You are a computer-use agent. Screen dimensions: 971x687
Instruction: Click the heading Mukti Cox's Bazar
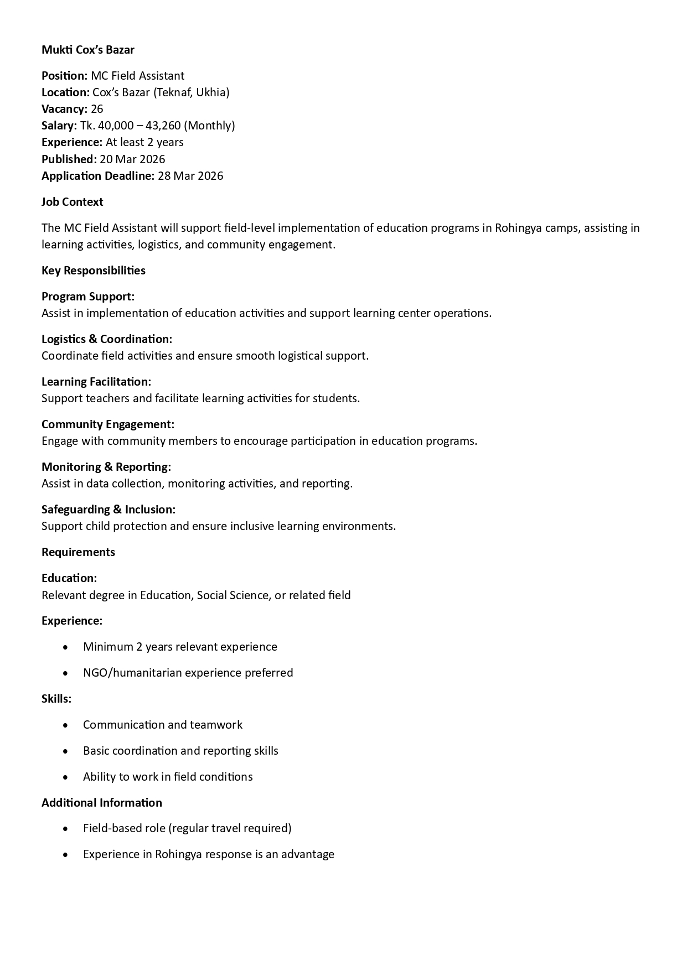tap(88, 50)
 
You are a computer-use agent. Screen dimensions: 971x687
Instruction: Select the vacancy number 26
tap(97, 109)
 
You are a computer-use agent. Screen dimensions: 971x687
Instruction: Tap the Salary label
tap(59, 126)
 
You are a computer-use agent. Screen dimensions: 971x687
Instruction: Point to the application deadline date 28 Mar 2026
tap(190, 176)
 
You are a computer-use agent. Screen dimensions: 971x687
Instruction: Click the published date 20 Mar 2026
tap(132, 159)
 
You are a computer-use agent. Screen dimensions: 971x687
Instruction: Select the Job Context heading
tap(73, 202)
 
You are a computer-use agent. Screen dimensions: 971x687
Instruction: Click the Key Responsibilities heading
tap(94, 271)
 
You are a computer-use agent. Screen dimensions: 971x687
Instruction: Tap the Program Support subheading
tap(88, 297)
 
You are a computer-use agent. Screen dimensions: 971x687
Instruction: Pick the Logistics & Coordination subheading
tap(107, 339)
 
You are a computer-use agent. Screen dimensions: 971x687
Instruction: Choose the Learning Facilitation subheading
tap(96, 382)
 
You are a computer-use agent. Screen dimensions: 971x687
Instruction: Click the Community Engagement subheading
tap(108, 424)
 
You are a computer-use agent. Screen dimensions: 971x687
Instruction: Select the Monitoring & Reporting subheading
tap(106, 467)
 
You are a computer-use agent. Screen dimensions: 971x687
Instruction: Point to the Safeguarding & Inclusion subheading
tap(109, 510)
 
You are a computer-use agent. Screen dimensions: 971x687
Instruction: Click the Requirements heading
tap(79, 552)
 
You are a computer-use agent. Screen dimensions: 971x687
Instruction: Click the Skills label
tap(56, 699)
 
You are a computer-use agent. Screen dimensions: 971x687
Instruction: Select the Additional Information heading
tap(102, 803)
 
